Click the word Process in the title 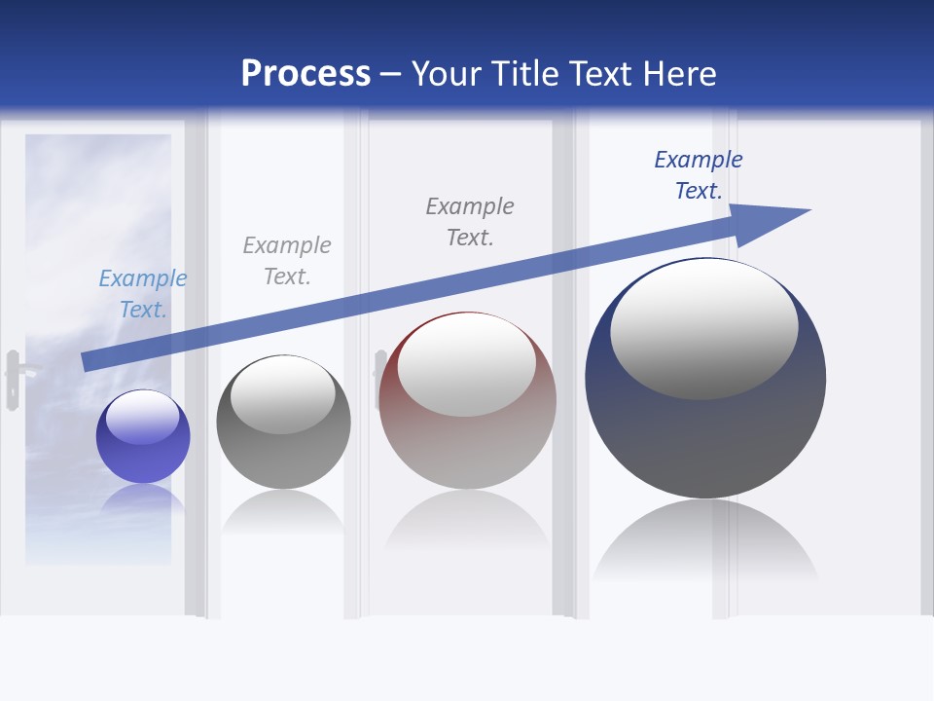[305, 74]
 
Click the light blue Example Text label [143, 294]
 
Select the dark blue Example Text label [699, 175]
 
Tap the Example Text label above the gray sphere [287, 261]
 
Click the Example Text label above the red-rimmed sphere [470, 222]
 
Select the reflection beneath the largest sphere [705, 545]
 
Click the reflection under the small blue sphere [143, 501]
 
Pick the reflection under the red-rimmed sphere [467, 521]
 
